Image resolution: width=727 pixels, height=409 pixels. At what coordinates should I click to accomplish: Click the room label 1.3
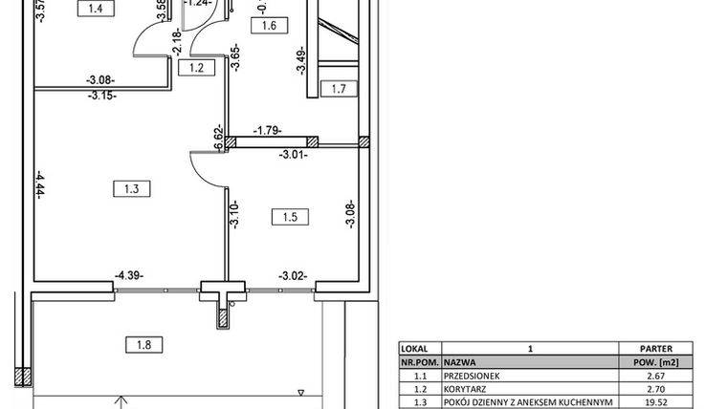(131, 189)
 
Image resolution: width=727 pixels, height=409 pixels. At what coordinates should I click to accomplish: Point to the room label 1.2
(198, 68)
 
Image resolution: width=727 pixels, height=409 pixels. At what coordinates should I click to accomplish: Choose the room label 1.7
(337, 91)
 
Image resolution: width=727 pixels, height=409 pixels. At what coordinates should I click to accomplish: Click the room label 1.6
(268, 27)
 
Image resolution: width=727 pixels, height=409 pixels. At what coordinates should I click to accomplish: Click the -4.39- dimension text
(129, 277)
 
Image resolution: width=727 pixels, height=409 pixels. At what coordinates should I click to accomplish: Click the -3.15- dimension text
(100, 96)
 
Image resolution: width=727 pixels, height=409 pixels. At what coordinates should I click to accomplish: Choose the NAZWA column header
(460, 364)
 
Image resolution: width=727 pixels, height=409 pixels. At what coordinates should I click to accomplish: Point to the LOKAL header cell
(418, 350)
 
